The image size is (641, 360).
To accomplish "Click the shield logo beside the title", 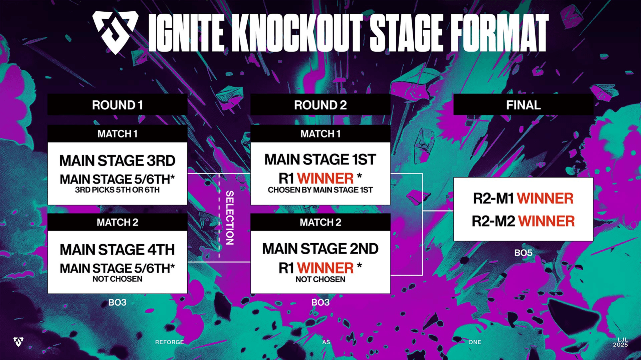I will pyautogui.click(x=115, y=32).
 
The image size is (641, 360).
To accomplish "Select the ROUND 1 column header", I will pyautogui.click(x=117, y=105).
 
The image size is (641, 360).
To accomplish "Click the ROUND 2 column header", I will pyautogui.click(x=320, y=105).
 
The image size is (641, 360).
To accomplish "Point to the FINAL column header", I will pyautogui.click(x=523, y=105).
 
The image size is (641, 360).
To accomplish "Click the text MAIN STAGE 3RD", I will pyautogui.click(x=117, y=161).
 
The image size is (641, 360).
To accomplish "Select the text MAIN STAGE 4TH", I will pyautogui.click(x=117, y=250).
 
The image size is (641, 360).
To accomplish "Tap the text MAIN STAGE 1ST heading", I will pyautogui.click(x=320, y=159).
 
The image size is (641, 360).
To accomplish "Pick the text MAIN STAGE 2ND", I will pyautogui.click(x=320, y=249).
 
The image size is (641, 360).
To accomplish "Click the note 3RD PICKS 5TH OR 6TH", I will pyautogui.click(x=117, y=190).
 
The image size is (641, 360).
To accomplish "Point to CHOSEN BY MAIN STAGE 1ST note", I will pyautogui.click(x=320, y=190).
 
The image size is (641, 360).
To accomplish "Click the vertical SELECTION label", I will pyautogui.click(x=230, y=218).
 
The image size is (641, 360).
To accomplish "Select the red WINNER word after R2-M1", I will pyautogui.click(x=545, y=199).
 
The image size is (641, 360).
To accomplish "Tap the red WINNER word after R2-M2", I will pyautogui.click(x=546, y=221).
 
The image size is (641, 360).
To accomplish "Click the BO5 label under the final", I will pyautogui.click(x=523, y=253).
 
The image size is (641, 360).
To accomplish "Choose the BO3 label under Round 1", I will pyautogui.click(x=117, y=303).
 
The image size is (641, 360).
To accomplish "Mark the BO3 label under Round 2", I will pyautogui.click(x=320, y=303).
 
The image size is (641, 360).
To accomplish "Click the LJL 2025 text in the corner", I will pyautogui.click(x=620, y=342).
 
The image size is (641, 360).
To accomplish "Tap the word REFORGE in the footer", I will pyautogui.click(x=169, y=342).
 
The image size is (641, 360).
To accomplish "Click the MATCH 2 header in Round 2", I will pyautogui.click(x=320, y=222).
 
